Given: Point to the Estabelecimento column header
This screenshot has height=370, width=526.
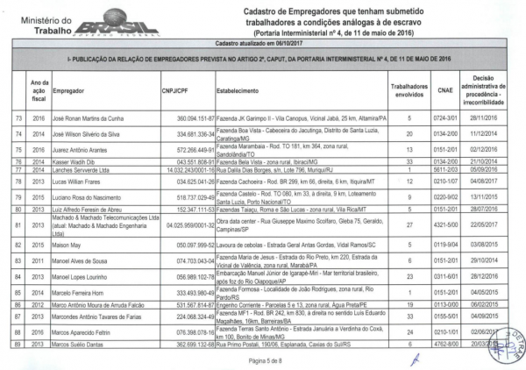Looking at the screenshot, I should (x=243, y=89).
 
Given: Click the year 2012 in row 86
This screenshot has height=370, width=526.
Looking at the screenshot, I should (x=37, y=303).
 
